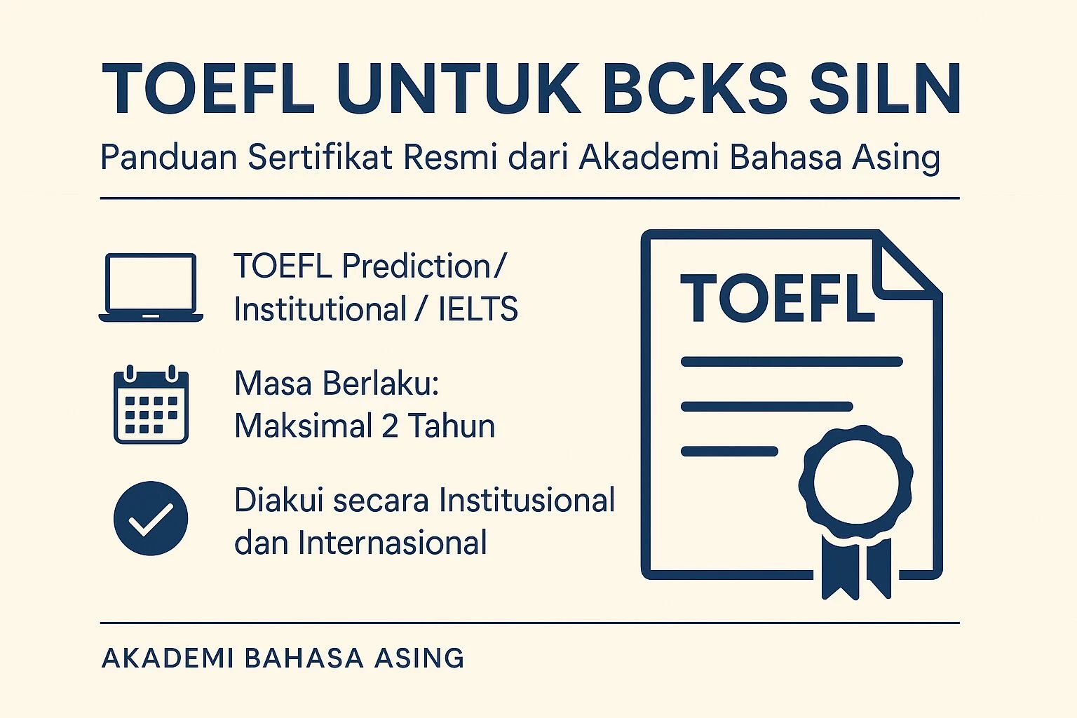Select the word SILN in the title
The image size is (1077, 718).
pyautogui.click(x=885, y=90)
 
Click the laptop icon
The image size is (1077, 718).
pyautogui.click(x=151, y=287)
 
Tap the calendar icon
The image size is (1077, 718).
pyautogui.click(x=151, y=405)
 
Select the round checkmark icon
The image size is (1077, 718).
pyautogui.click(x=151, y=518)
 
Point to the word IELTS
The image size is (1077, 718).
pyautogui.click(x=478, y=309)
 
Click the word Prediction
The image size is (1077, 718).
pyautogui.click(x=416, y=266)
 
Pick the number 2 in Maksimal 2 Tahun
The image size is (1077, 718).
pyautogui.click(x=390, y=426)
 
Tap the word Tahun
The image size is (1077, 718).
pyautogui.click(x=452, y=426)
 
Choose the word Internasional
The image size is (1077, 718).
pyautogui.click(x=392, y=543)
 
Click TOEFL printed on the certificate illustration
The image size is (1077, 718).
pyautogui.click(x=777, y=299)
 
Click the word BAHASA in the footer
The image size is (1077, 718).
pyautogui.click(x=304, y=658)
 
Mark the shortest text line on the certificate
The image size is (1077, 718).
pyautogui.click(x=729, y=451)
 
